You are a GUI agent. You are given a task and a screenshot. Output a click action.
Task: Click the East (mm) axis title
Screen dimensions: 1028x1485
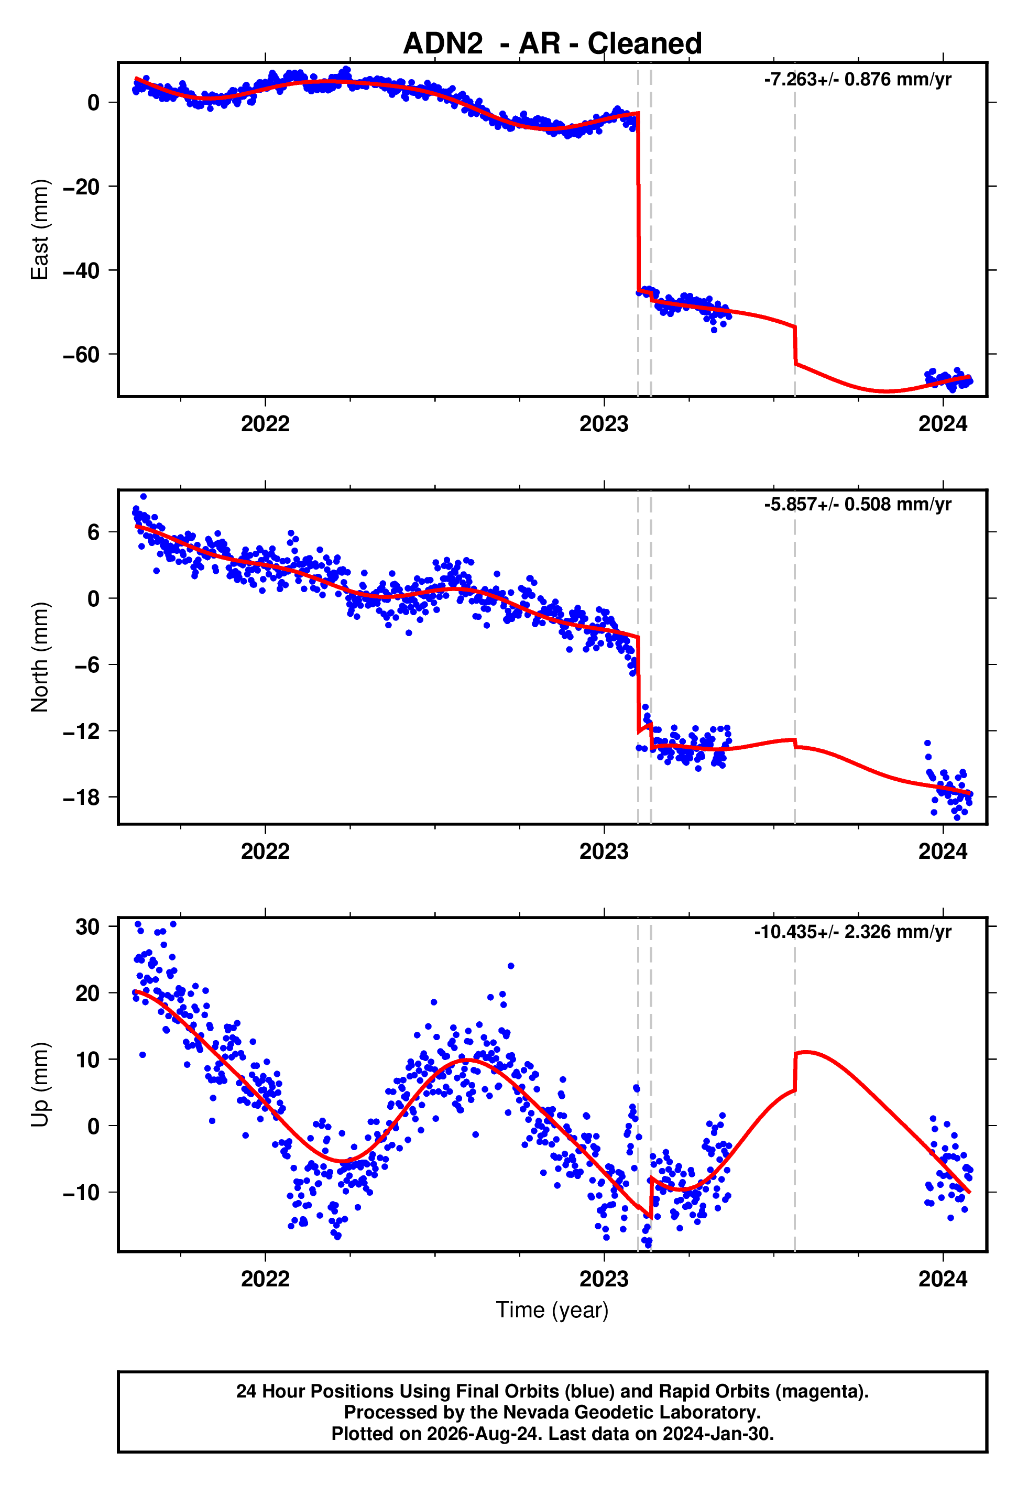click(40, 230)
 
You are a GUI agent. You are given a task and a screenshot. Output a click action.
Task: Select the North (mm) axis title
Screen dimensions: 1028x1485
click(40, 657)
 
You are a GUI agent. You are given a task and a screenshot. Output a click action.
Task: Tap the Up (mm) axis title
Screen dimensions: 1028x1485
click(40, 1085)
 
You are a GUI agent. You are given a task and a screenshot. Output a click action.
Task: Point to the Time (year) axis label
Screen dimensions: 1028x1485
click(552, 1310)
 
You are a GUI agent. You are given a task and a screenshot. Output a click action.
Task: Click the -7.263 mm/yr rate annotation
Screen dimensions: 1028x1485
click(857, 79)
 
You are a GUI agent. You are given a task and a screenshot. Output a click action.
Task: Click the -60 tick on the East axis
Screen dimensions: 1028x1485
click(81, 354)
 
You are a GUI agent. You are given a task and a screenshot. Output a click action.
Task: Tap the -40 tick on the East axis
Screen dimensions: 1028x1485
click(81, 270)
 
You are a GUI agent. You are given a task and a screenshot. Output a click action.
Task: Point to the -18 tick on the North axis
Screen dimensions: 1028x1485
click(81, 797)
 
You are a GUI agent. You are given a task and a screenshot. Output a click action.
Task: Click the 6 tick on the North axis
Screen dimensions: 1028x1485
click(94, 532)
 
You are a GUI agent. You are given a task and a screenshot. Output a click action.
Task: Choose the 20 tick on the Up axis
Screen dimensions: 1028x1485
click(88, 993)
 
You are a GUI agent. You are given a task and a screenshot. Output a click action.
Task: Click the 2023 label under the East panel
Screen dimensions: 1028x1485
click(604, 424)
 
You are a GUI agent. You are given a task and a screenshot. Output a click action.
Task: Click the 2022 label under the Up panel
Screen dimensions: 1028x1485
click(265, 1279)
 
